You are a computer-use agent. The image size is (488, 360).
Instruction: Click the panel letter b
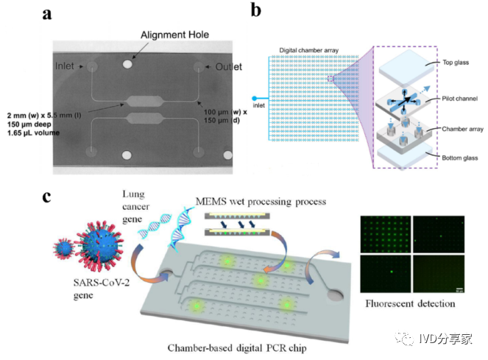pyautogui.click(x=255, y=12)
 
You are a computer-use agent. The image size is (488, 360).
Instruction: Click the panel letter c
pyautogui.click(x=46, y=197)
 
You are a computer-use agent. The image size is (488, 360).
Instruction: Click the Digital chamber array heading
pyautogui.click(x=309, y=51)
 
